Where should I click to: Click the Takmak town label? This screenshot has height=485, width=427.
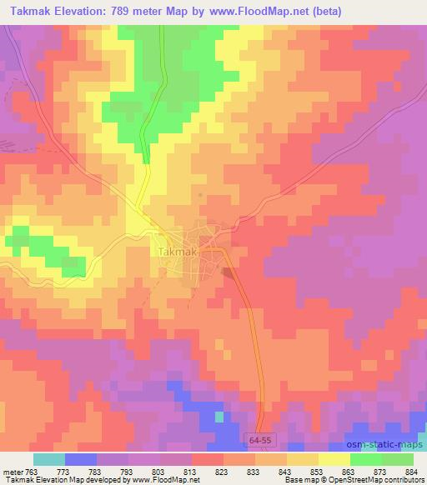pyautogui.click(x=176, y=251)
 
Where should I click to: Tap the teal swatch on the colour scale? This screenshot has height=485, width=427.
pyautogui.click(x=49, y=459)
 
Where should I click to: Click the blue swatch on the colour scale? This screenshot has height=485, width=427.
pyautogui.click(x=81, y=459)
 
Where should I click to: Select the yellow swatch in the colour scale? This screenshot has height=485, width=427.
pyautogui.click(x=334, y=459)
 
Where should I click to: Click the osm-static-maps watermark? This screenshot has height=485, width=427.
pyautogui.click(x=392, y=442)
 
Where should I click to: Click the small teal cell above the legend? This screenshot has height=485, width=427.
pyautogui.click(x=219, y=416)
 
